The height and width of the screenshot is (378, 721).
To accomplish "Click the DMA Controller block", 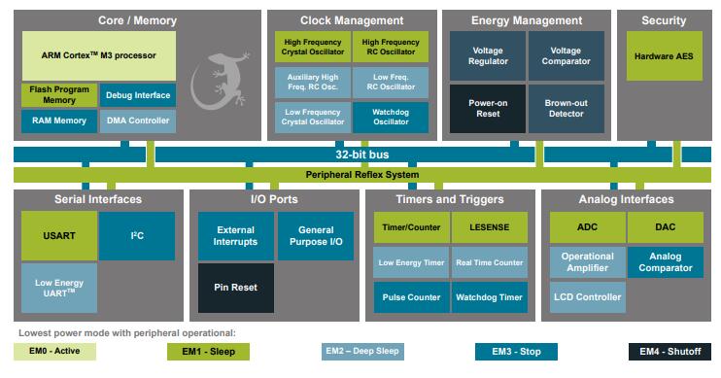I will (x=137, y=120).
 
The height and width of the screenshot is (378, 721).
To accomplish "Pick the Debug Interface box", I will (x=137, y=94).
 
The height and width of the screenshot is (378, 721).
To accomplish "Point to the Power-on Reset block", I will (x=485, y=109).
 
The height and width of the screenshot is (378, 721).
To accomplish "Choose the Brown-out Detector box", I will (x=566, y=109).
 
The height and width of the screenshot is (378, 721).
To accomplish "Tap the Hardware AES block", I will (x=664, y=55).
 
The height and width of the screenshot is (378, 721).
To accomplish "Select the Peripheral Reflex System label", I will (x=361, y=175).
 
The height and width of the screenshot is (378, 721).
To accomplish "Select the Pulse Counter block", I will (x=411, y=297).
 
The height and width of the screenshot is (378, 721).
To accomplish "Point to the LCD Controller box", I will (x=586, y=296).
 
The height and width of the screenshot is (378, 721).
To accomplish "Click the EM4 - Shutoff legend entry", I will (x=669, y=352).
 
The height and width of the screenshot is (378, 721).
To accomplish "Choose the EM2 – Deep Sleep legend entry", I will (x=361, y=352).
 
